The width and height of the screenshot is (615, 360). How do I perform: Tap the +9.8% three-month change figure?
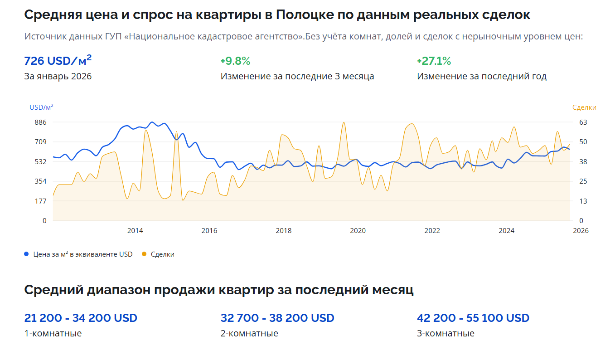[x=235, y=61]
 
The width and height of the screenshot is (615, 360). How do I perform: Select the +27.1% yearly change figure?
[x=434, y=61]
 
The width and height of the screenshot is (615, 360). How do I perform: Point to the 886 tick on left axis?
[x=41, y=122]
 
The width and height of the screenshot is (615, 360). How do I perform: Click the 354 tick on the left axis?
[x=41, y=181]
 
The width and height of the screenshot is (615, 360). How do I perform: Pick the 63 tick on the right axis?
[x=583, y=122]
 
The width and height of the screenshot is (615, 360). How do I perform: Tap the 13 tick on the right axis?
[x=583, y=201]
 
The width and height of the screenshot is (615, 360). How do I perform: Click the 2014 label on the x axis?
[x=135, y=231]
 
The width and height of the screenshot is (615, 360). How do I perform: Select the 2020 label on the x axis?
[x=358, y=231]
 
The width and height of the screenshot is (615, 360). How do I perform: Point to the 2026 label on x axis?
[x=581, y=231]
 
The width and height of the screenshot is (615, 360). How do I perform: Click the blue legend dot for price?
[x=26, y=254]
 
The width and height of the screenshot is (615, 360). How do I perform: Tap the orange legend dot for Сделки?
[x=144, y=254]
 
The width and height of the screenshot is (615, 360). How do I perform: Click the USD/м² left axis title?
[x=41, y=107]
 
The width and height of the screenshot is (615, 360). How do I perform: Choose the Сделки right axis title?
[x=584, y=107]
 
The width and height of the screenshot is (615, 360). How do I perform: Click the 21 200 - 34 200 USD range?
[x=81, y=318]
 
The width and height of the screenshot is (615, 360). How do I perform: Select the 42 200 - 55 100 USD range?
[x=473, y=318]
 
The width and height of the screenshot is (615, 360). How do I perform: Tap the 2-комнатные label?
[x=249, y=334]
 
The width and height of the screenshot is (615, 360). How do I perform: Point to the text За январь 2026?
[x=58, y=76]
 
